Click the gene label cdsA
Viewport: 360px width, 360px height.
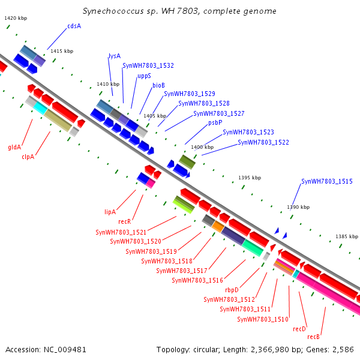74,26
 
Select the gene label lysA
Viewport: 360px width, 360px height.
115,56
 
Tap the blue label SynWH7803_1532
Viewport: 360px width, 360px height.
148,65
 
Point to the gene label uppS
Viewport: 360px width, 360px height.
144,76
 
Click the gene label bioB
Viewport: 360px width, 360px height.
158,85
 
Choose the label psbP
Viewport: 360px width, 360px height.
215,122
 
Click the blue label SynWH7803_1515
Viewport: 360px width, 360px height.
326,181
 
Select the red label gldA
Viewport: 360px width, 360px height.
14,147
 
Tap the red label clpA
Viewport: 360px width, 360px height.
28,157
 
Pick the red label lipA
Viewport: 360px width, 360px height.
110,212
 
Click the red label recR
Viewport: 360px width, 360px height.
124,221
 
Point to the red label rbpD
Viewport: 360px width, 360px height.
232,290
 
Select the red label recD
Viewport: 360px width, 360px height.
299,329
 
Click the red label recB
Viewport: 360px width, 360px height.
314,337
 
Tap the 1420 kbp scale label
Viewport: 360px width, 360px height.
16,18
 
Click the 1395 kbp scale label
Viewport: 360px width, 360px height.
250,178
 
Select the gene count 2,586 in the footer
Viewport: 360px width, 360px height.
343,349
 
